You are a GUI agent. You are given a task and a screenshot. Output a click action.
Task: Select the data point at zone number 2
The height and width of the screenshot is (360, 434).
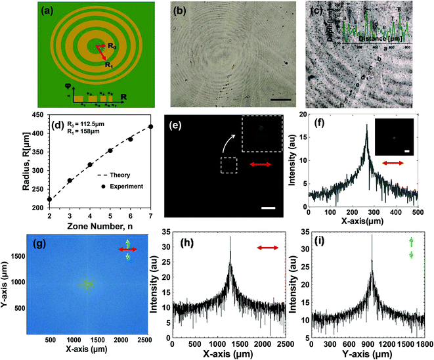click(x=50, y=199)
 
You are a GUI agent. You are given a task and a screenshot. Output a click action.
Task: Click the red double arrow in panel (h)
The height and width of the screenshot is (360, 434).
click(x=268, y=248)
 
